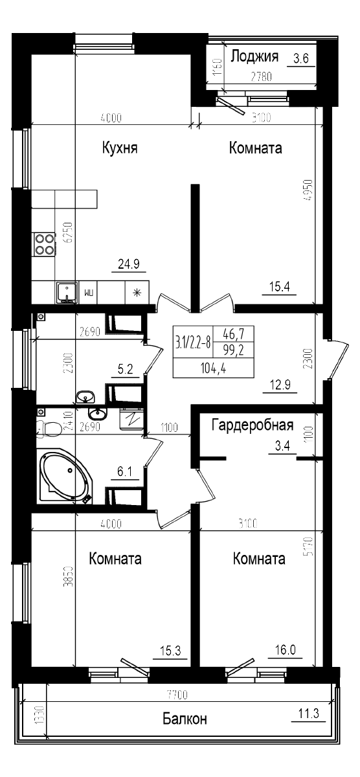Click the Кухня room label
[x=120, y=148]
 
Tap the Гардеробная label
[x=253, y=425]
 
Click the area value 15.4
[x=279, y=286]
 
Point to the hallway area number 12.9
[x=279, y=386]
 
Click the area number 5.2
[x=125, y=370]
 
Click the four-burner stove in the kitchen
[x=44, y=245]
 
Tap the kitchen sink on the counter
[x=65, y=292]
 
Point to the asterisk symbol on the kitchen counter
[x=137, y=292]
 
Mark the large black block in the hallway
[x=213, y=352]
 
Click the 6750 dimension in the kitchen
[x=65, y=232]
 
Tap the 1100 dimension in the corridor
[x=169, y=427]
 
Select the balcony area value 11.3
[x=308, y=714]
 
